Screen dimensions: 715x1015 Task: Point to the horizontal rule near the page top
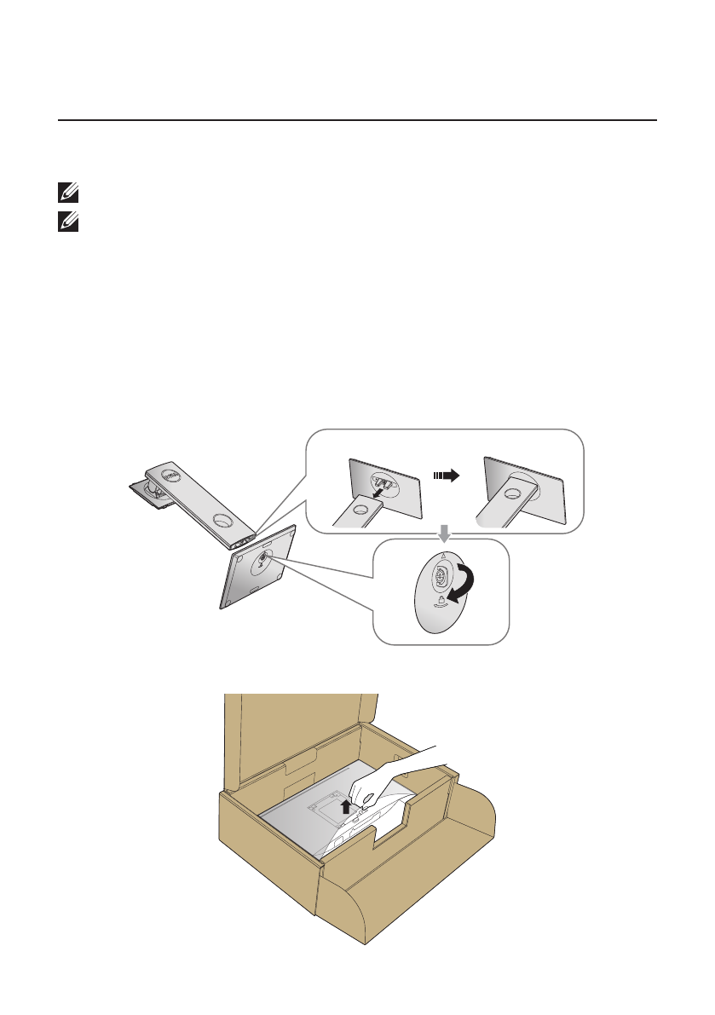click(357, 120)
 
